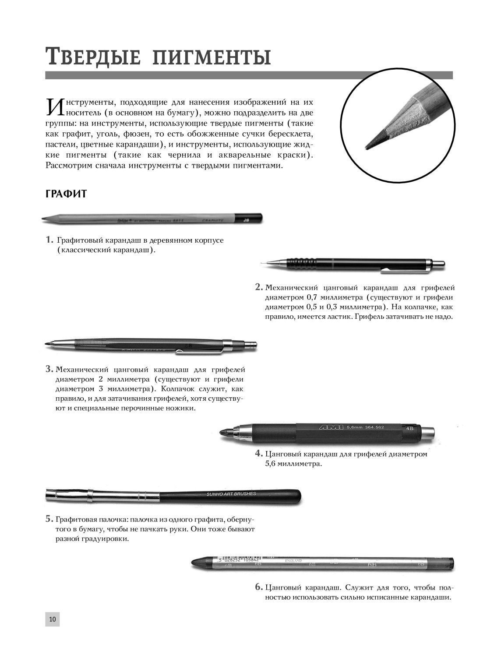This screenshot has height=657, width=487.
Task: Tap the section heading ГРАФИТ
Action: point(66,194)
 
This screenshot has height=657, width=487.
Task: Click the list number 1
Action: point(49,240)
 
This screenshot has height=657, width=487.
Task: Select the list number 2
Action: point(259,287)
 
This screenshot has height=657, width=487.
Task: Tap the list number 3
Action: point(49,369)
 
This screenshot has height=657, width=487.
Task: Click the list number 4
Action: point(259,454)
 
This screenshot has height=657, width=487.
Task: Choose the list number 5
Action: point(49,519)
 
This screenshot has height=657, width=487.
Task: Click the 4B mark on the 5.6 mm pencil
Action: point(409,428)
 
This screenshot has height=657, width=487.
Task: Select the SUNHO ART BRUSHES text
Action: point(231,495)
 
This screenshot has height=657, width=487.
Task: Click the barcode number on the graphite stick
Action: point(241,560)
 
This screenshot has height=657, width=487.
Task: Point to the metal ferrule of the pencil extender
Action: point(90,495)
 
